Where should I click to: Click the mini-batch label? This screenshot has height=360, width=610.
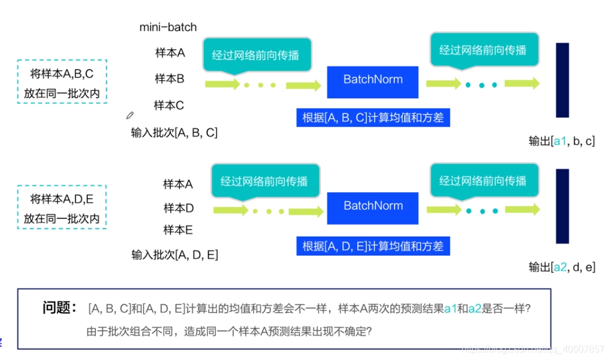(x=168, y=27)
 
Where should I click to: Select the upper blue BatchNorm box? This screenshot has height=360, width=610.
(x=373, y=79)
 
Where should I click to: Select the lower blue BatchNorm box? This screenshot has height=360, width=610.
(x=373, y=206)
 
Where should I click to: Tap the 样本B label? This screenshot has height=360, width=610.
(x=170, y=78)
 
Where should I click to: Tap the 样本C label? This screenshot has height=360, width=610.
(x=169, y=106)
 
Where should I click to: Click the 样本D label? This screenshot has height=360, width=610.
(x=178, y=208)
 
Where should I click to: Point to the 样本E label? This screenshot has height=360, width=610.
(x=178, y=230)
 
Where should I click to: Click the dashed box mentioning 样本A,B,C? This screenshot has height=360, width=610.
(x=62, y=81)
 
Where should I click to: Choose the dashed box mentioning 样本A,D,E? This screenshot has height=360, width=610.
(x=62, y=207)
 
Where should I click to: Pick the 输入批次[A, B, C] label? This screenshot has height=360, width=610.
(x=174, y=133)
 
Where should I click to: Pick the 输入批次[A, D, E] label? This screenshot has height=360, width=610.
(x=175, y=255)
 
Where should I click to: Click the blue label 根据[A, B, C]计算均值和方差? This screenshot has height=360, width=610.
(x=373, y=117)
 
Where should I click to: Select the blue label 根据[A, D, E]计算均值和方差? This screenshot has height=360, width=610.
(x=373, y=247)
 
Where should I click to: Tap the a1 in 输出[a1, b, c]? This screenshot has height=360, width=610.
(x=560, y=141)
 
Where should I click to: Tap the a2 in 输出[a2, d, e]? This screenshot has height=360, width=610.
(x=560, y=267)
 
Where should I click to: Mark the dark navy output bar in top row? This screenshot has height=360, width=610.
(x=562, y=81)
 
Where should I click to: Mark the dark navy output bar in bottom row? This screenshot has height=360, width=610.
(x=562, y=206)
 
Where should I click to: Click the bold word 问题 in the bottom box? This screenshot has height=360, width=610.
(x=60, y=307)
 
